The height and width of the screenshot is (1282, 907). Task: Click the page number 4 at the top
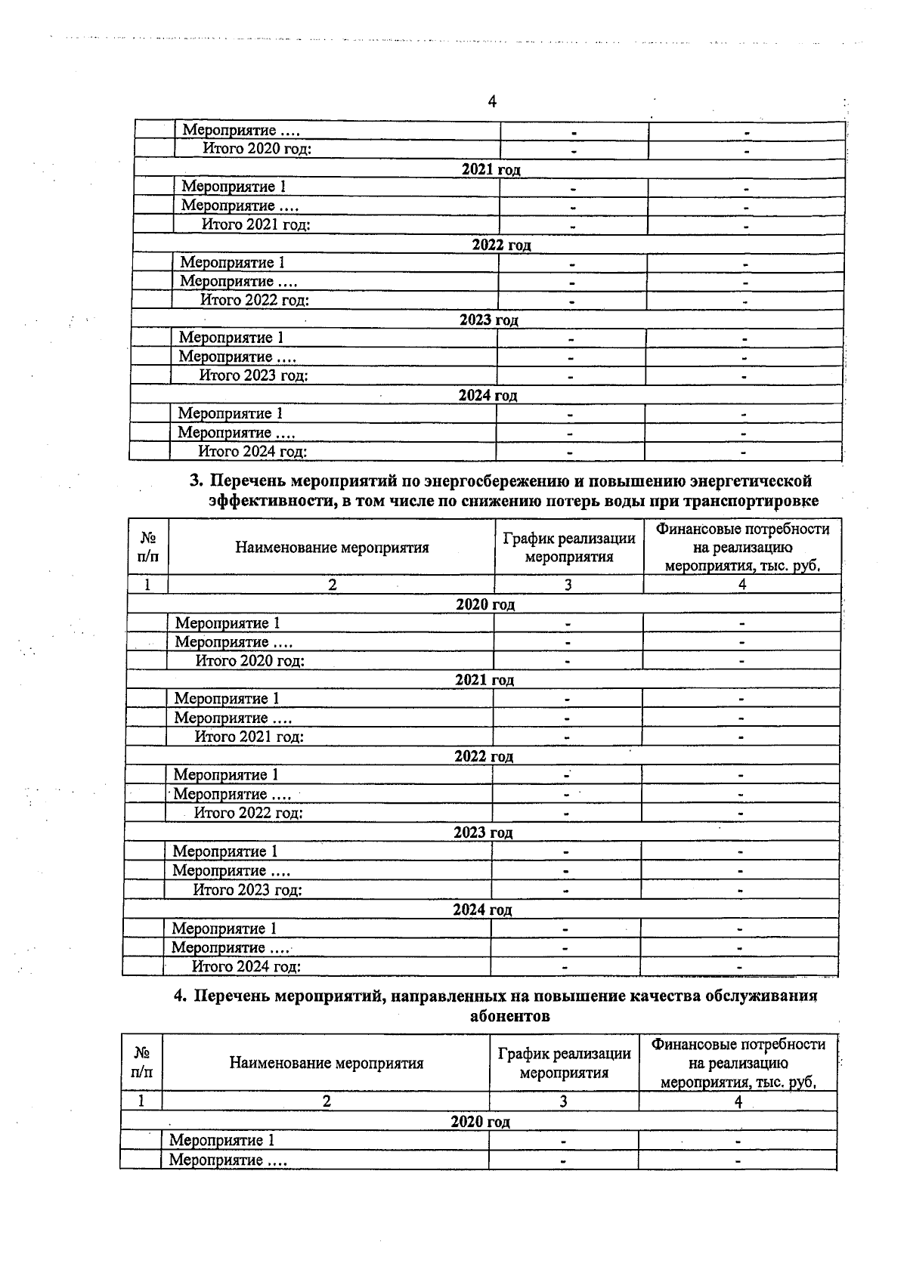pos(492,102)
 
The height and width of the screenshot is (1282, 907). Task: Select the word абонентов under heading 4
pos(509,1016)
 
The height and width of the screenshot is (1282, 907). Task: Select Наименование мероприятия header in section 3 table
pos(332,548)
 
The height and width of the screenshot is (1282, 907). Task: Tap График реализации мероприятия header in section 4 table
pos(564,1063)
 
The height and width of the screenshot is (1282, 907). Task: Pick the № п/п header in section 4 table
pos(141,1062)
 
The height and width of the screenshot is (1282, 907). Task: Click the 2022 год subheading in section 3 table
pos(484,756)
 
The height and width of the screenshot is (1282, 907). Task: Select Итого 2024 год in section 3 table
pos(246,966)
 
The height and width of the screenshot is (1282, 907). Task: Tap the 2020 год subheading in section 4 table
pos(480,1122)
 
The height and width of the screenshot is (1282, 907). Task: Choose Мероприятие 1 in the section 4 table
pos(221,1140)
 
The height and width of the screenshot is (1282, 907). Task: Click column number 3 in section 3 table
pos(568,585)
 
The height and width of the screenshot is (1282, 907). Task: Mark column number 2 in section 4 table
pos(327,1101)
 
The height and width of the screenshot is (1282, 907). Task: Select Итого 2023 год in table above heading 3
pos(253,375)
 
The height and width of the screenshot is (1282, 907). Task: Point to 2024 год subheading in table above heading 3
pos(488,395)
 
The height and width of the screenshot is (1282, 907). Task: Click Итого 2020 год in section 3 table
pos(250,661)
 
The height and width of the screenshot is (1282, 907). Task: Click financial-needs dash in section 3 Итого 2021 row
pos(741,737)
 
